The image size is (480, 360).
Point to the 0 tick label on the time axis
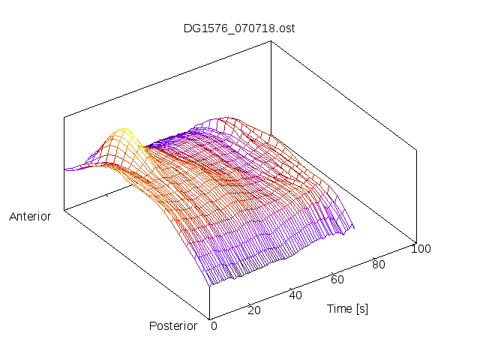click(214, 325)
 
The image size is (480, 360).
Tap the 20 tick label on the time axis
click(253, 310)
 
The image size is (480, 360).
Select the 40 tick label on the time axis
click(295, 295)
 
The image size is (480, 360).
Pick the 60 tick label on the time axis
click(337, 280)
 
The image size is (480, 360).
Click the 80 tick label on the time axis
click(379, 264)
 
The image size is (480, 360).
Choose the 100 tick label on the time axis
click(421, 249)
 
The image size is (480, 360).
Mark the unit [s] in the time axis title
click(361, 308)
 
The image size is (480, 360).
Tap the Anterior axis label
click(30, 217)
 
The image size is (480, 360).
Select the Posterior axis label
click(173, 325)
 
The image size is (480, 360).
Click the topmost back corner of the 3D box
click(271, 42)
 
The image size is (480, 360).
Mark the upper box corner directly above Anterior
click(64, 117)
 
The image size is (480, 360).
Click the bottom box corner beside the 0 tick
click(209, 318)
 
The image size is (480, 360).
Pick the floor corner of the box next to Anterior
click(64, 211)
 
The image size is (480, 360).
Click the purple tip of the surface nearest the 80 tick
click(353, 227)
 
